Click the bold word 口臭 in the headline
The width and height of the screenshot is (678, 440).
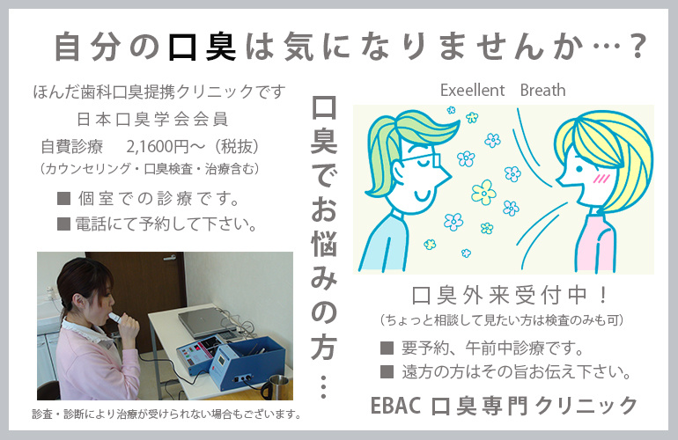(x=202, y=48)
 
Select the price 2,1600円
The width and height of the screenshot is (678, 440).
(x=158, y=147)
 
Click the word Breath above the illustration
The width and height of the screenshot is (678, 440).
(x=542, y=91)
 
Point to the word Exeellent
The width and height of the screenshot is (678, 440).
(x=472, y=91)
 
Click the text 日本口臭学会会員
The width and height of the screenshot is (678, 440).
(x=152, y=120)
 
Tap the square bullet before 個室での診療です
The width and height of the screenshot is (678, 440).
(x=64, y=198)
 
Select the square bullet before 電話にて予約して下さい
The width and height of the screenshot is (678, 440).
(x=64, y=224)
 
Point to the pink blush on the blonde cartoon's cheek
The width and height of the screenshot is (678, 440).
(x=601, y=178)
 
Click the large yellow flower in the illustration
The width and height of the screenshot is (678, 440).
(x=484, y=193)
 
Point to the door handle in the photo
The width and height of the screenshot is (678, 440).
(x=169, y=258)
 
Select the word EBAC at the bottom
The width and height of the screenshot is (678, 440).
(x=395, y=406)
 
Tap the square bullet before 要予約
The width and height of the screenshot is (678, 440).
(x=387, y=348)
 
